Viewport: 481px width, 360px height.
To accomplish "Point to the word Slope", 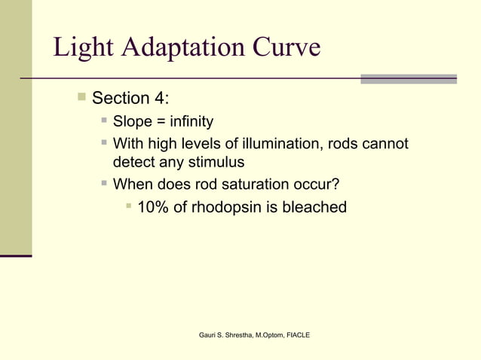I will (132, 122).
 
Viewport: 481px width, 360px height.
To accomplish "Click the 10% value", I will (153, 207).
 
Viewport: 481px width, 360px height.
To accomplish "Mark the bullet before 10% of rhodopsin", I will (129, 206).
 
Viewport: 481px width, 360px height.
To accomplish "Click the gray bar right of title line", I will (408, 78).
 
